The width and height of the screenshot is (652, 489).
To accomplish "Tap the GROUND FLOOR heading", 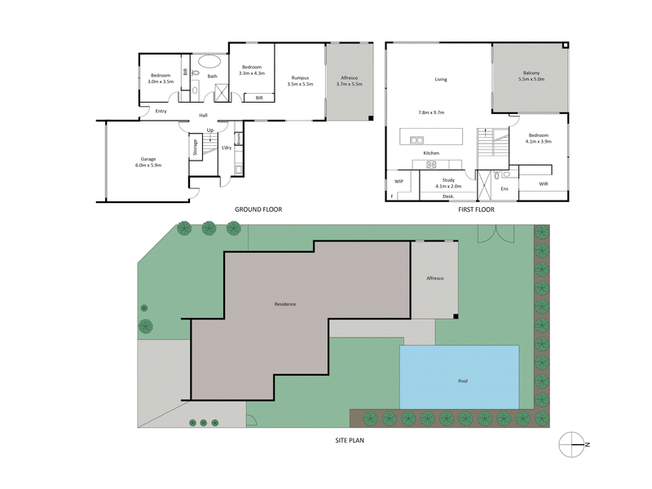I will tap(258, 209).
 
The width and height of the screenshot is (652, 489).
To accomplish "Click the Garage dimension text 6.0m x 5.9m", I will tap(147, 165).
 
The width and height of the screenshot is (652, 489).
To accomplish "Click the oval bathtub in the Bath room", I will tap(210, 61).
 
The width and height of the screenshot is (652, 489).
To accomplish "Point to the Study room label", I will tap(448, 179).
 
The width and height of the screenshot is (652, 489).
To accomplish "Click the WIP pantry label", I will tap(399, 181).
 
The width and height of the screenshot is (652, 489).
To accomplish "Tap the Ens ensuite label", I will tap(504, 189).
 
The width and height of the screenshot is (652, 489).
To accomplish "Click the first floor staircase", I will tap(486, 145).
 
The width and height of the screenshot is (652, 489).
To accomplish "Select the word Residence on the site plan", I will tap(284, 304).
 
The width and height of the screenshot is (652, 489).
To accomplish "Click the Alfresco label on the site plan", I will tap(434, 279).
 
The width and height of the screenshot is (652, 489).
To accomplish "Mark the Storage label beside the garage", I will tap(195, 148).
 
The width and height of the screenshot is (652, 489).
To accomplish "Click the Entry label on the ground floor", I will tap(161, 112).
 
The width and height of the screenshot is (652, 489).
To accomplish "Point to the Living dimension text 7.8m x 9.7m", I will tap(430, 112).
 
